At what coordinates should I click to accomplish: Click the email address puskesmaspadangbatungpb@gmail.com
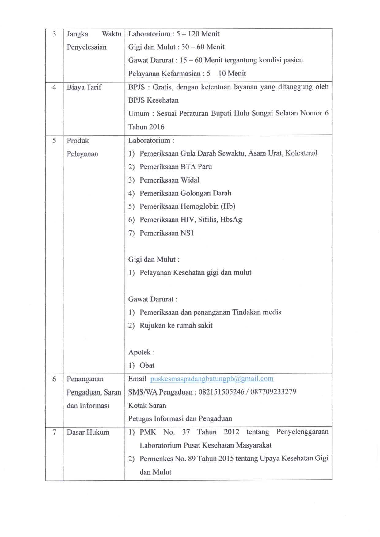tap(211, 379)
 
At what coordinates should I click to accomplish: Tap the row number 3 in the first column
tap(54, 34)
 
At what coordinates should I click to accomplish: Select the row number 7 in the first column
tap(54, 432)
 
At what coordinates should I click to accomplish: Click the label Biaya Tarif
tap(84, 87)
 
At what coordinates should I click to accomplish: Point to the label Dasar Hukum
tap(88, 432)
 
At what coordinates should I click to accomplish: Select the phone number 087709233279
tap(273, 392)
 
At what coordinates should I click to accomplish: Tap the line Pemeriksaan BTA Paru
tap(176, 167)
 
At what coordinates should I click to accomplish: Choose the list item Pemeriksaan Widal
tap(169, 180)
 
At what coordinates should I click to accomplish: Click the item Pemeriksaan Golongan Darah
tap(185, 193)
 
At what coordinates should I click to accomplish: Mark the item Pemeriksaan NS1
tap(167, 233)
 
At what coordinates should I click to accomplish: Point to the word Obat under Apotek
tap(147, 365)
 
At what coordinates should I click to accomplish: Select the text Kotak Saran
tap(147, 406)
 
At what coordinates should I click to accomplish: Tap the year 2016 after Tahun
tap(157, 127)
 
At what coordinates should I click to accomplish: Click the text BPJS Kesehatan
tap(153, 100)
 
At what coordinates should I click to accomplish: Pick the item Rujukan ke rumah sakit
tap(176, 326)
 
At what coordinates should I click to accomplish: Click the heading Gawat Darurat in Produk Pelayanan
tap(151, 299)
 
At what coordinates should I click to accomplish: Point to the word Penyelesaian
tap(87, 47)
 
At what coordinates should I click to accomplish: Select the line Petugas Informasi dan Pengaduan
tap(180, 419)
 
